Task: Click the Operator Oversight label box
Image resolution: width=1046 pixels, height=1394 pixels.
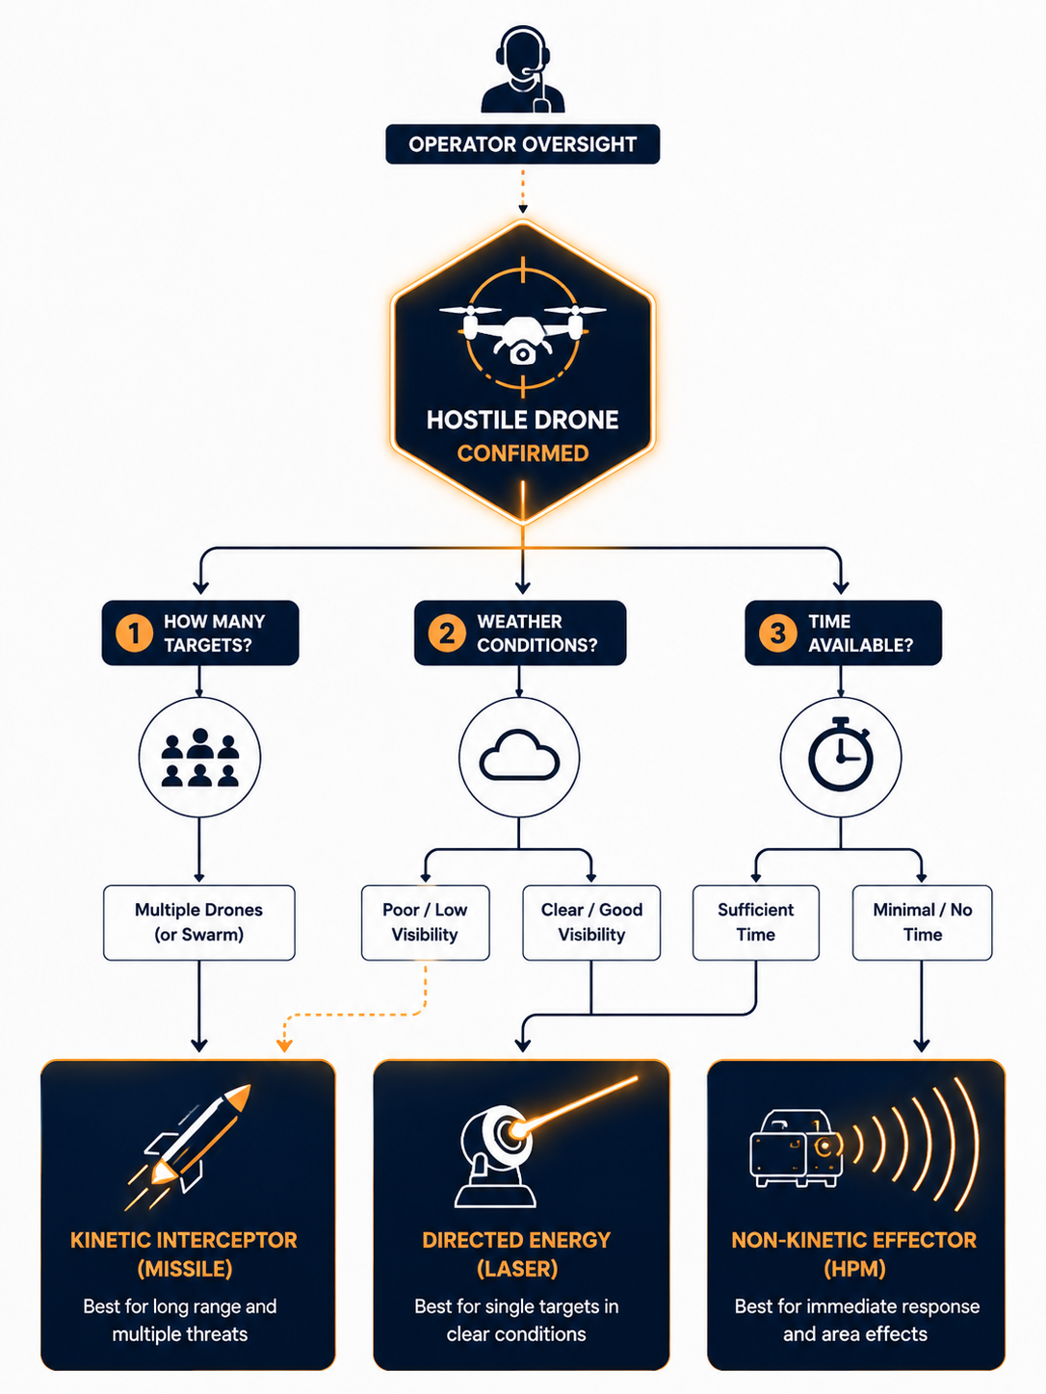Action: click(523, 144)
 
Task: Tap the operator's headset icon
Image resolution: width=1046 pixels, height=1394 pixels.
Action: click(523, 69)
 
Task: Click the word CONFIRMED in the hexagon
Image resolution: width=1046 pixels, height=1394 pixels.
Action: click(523, 453)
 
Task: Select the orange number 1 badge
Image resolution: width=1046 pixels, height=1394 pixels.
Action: click(134, 633)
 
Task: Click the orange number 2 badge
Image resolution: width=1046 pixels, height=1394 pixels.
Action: click(447, 633)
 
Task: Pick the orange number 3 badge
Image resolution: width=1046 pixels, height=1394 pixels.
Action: click(778, 633)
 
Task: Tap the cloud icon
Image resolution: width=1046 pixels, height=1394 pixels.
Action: click(519, 755)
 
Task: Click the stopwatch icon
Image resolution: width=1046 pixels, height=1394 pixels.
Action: click(840, 755)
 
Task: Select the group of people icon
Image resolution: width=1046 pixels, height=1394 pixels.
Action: click(200, 758)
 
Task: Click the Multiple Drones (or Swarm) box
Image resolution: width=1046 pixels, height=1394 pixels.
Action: click(199, 922)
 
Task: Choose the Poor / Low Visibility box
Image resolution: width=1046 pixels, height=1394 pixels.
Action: click(426, 922)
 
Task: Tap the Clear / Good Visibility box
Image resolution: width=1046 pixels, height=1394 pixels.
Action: click(591, 922)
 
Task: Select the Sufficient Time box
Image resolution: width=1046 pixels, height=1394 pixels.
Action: click(756, 922)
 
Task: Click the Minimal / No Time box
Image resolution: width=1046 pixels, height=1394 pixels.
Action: click(922, 922)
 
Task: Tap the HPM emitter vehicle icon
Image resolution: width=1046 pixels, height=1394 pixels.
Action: click(797, 1149)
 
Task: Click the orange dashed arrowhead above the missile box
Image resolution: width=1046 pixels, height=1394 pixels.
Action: click(284, 1045)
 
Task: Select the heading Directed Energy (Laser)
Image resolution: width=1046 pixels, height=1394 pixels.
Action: click(516, 1254)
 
